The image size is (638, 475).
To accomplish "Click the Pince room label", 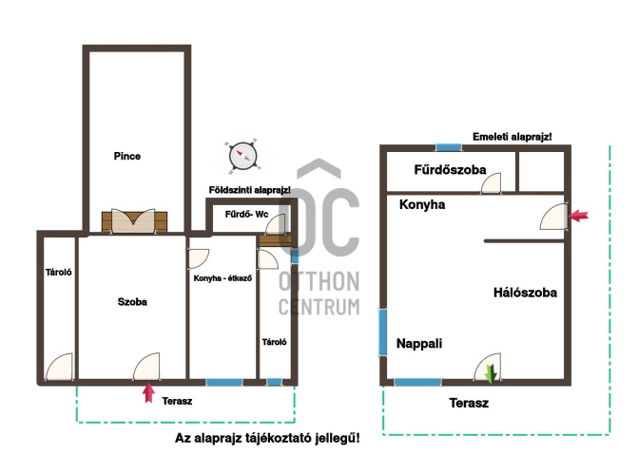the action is click(x=127, y=156).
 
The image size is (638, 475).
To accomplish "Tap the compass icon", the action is click(x=242, y=156).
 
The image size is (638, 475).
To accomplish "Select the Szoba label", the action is click(x=132, y=302).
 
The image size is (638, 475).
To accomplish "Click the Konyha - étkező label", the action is click(x=222, y=278).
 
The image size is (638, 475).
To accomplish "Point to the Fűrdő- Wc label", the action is click(x=246, y=214).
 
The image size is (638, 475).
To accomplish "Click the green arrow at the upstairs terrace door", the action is click(x=492, y=373).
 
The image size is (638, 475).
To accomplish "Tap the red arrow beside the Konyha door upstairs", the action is click(x=578, y=216).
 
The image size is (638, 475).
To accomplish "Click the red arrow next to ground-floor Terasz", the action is click(x=149, y=392).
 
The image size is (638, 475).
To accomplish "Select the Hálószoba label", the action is click(x=525, y=293).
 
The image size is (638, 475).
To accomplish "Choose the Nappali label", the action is click(x=419, y=343).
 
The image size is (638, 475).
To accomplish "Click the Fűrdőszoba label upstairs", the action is click(x=450, y=170).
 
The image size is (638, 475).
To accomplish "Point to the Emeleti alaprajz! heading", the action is click(x=512, y=137).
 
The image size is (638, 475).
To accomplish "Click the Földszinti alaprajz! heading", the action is click(x=250, y=190).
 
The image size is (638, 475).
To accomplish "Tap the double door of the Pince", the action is click(x=134, y=221).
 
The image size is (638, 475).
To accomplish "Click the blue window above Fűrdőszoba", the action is click(x=449, y=147).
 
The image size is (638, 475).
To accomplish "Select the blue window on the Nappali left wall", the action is click(x=382, y=332).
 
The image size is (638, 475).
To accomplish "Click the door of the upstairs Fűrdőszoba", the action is click(x=492, y=182).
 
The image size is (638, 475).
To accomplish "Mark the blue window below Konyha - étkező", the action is click(x=224, y=382).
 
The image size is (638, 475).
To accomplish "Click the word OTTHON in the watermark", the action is click(x=319, y=281).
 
